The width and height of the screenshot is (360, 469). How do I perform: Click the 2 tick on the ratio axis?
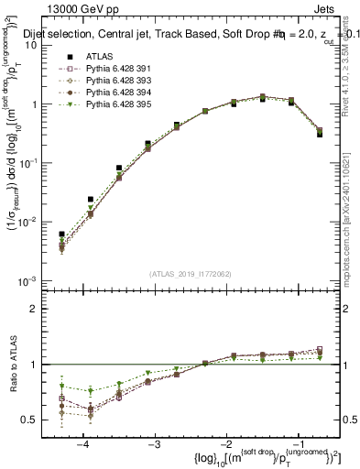coord(39,309)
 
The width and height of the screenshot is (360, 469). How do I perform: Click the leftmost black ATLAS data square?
coord(61,234)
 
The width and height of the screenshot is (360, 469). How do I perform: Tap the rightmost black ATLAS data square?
coord(319,134)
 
